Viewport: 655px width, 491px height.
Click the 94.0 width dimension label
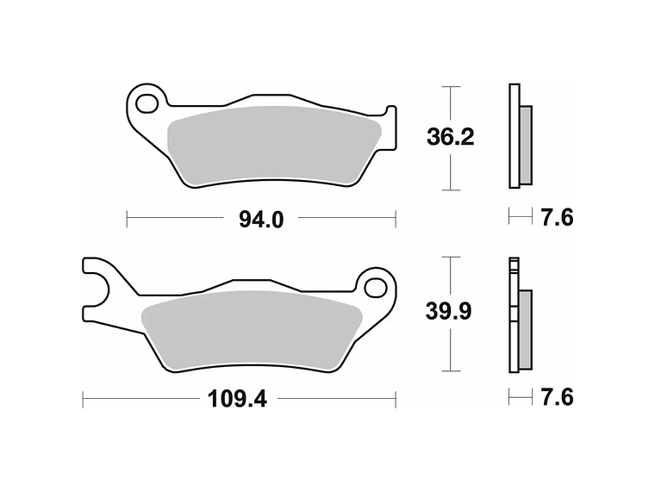click(261, 219)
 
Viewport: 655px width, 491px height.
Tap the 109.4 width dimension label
click(237, 399)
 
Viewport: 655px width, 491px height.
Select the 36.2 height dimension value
click(450, 136)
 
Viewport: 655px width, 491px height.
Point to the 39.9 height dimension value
click(449, 311)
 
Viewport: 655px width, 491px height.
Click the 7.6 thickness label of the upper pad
click(558, 218)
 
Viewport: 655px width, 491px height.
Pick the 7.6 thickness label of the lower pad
click(558, 396)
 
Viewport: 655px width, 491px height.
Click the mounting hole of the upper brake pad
click(147, 104)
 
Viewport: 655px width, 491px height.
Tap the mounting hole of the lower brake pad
click(375, 288)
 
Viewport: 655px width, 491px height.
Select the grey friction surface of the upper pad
click(274, 145)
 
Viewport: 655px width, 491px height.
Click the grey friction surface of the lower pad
click(252, 330)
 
